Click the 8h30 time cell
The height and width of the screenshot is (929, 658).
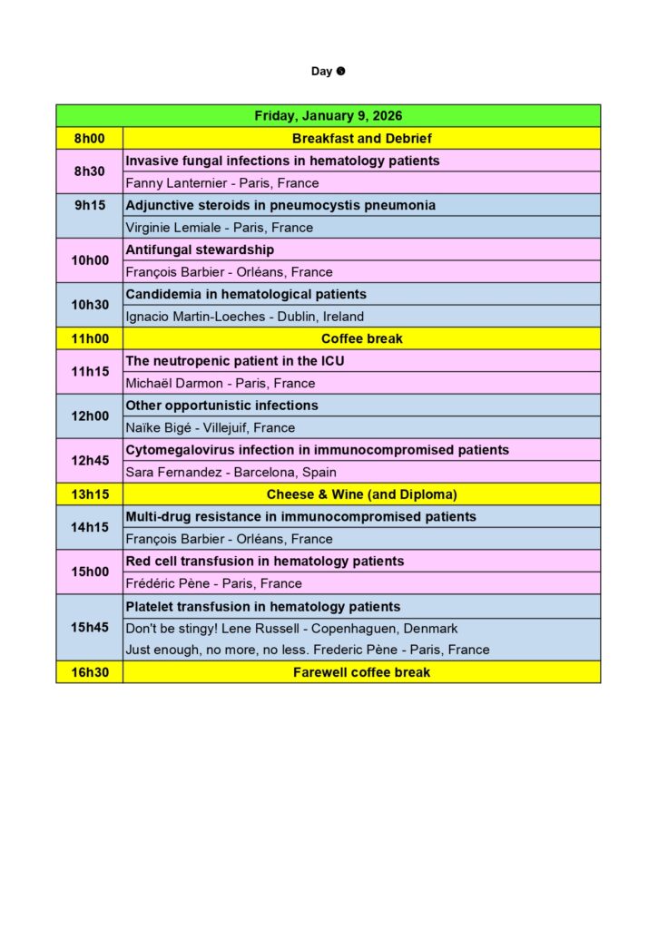[89, 171]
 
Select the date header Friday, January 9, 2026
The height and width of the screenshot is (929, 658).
[328, 116]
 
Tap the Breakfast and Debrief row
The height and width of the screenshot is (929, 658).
[361, 139]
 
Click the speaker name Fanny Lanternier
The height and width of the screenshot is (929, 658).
[222, 183]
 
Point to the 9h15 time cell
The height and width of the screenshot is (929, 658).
[89, 205]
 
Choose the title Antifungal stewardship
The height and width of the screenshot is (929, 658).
[200, 249]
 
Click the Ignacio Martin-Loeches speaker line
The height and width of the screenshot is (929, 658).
[244, 317]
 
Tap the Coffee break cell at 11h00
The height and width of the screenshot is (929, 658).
[361, 338]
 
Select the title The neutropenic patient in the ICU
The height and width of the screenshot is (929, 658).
[235, 361]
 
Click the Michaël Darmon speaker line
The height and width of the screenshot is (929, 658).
[221, 383]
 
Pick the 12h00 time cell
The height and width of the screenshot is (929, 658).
[89, 416]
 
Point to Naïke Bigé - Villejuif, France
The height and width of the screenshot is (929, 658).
[210, 427]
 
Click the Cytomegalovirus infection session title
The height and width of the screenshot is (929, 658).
[317, 450]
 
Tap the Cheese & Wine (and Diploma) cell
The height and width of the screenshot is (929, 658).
[361, 494]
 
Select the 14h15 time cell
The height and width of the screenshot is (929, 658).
[89, 527]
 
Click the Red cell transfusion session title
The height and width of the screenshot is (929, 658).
[264, 562]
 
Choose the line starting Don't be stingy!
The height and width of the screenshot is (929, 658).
[291, 628]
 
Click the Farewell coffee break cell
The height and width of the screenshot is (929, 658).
[361, 672]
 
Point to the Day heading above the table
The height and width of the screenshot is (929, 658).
[328, 72]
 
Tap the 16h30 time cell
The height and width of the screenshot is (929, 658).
[89, 672]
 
